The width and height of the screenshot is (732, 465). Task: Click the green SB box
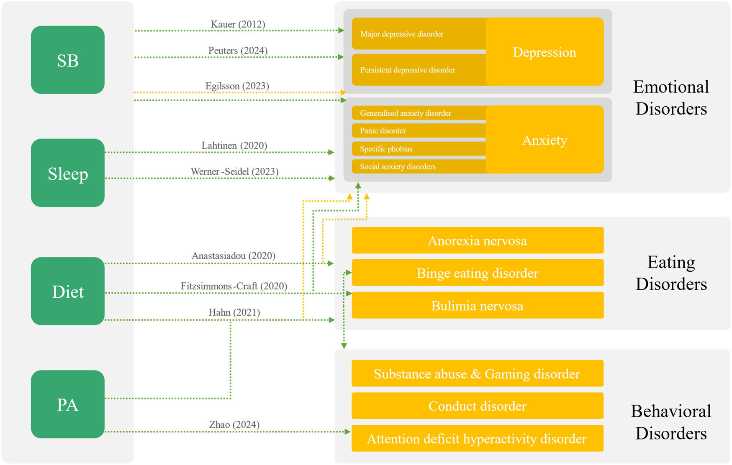(67, 60)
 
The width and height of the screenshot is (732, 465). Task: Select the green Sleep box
(67, 173)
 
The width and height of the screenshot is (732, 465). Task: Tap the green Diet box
(67, 291)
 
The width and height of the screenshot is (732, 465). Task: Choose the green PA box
(67, 404)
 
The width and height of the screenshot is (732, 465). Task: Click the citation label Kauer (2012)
(238, 24)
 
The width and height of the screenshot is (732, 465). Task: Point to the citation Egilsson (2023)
(237, 86)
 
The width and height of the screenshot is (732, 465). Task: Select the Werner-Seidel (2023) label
(234, 171)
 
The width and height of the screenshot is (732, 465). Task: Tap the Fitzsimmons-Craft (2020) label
(234, 286)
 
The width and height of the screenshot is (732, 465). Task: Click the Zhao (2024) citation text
(234, 424)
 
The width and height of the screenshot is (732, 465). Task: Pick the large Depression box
(544, 52)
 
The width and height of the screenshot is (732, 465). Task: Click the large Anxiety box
(544, 140)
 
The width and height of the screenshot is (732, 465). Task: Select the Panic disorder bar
(419, 130)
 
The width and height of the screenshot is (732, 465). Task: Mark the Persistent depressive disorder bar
(419, 70)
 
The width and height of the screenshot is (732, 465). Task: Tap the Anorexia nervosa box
(477, 240)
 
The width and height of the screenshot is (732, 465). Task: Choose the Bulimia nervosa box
(477, 306)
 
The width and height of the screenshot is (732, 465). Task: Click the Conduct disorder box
(477, 406)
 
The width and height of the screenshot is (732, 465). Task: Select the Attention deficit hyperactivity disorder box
(477, 439)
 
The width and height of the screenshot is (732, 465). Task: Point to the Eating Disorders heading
(671, 273)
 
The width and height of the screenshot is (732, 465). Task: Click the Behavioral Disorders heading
(671, 422)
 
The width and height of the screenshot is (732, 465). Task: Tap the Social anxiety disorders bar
(419, 166)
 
